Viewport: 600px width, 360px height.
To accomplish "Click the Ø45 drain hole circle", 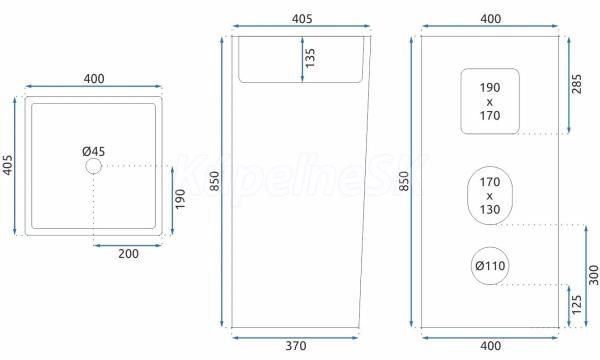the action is tap(93, 158).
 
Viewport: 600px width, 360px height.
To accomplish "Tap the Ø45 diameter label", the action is tap(94, 151).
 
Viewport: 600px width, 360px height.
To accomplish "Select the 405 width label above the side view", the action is tap(302, 19).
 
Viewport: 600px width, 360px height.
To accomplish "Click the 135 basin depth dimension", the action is tap(310, 58).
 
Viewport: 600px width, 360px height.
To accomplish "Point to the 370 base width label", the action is tap(296, 346).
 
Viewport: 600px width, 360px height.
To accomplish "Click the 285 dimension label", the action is tap(576, 84).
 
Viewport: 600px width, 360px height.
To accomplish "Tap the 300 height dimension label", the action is tap(593, 275).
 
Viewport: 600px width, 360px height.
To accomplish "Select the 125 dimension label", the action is tap(576, 305).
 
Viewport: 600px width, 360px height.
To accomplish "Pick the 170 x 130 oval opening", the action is tap(468, 195).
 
